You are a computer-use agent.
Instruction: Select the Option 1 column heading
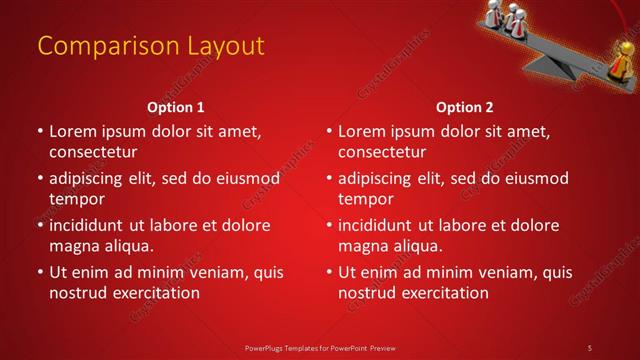176,107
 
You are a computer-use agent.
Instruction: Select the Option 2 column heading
465,107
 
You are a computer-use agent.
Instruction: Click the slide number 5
590,347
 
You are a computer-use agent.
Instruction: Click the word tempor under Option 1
75,199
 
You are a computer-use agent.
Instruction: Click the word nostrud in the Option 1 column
77,293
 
